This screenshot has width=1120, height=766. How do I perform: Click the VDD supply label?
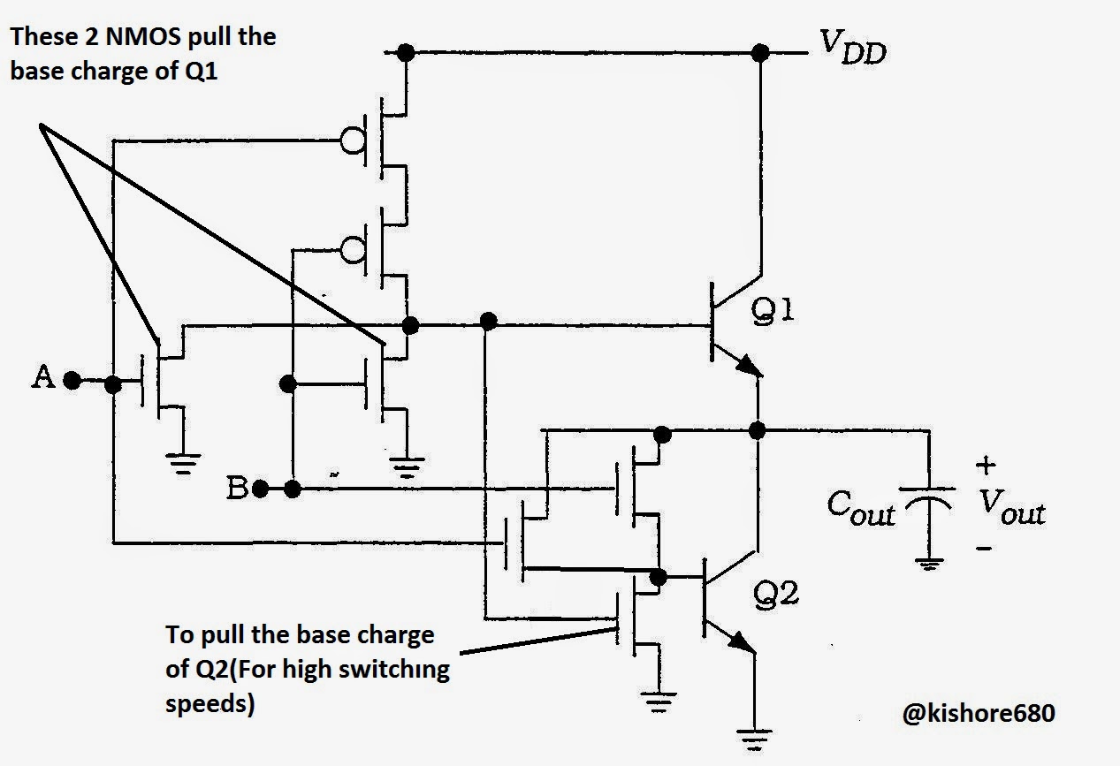tap(852, 46)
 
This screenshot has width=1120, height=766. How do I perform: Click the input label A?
tap(42, 378)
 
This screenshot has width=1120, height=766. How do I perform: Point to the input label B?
tap(237, 488)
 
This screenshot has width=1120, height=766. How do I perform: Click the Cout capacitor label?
tap(861, 507)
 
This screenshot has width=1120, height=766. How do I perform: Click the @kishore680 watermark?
tap(978, 713)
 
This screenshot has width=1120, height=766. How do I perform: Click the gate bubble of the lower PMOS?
tap(354, 250)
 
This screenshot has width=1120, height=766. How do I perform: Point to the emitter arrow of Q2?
tap(743, 643)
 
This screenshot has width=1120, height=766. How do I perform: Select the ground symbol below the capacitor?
tap(928, 564)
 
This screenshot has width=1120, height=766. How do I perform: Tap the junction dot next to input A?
tap(113, 384)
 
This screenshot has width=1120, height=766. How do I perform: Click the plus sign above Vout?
tap(986, 464)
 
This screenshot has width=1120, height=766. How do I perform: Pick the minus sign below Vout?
tap(985, 548)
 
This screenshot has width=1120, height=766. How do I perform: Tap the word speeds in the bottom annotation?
tap(210, 705)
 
